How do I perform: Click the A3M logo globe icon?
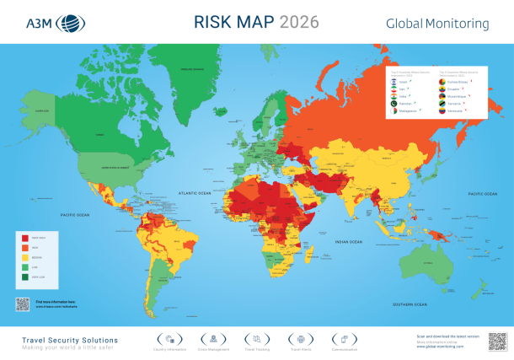(x=67, y=23)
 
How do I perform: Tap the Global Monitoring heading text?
(x=438, y=24)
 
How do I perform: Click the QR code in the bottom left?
(x=23, y=304)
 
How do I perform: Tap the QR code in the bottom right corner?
(x=496, y=341)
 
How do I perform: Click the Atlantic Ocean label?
(x=200, y=193)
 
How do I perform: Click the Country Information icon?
(x=170, y=339)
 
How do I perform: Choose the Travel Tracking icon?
(x=255, y=339)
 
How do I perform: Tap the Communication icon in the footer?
(x=344, y=339)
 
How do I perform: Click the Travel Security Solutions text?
(x=69, y=340)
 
